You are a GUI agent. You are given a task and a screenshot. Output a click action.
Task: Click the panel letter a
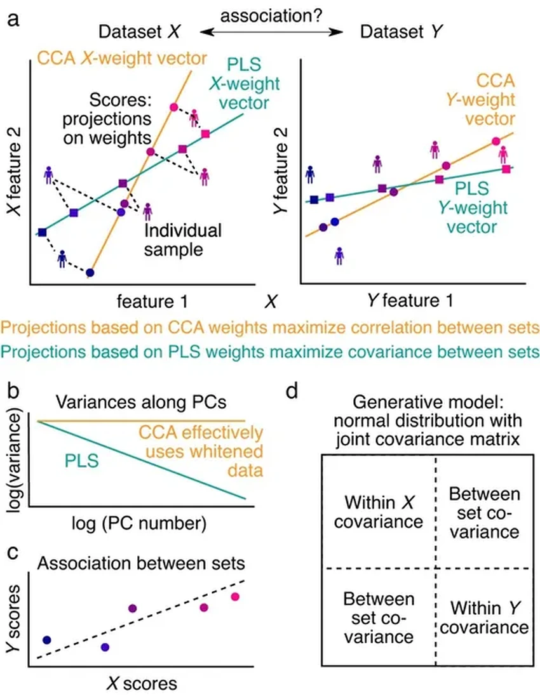pyautogui.click(x=13, y=20)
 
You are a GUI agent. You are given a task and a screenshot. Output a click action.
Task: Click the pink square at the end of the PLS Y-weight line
pyautogui.click(x=506, y=169)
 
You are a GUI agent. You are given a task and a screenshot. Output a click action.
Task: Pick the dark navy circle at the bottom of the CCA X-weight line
pyautogui.click(x=90, y=273)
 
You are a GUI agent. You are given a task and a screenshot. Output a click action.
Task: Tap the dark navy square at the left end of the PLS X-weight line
pyautogui.click(x=42, y=232)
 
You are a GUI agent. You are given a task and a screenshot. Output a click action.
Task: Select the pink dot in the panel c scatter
pyautogui.click(x=235, y=596)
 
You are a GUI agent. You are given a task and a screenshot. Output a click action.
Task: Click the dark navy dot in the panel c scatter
pyautogui.click(x=46, y=640)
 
